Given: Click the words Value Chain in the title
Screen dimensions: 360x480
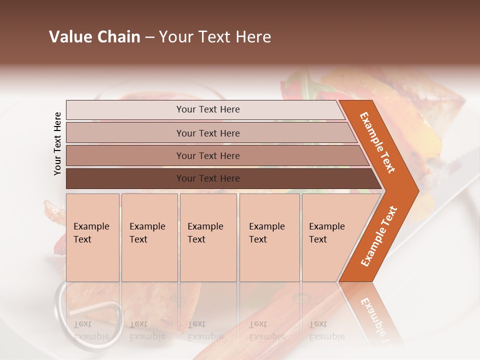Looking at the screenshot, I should (94, 37).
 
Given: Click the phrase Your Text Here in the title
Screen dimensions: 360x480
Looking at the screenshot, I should (215, 37).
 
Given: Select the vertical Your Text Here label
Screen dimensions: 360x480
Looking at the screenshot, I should (57, 143).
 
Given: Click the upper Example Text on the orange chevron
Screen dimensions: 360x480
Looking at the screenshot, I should (377, 142).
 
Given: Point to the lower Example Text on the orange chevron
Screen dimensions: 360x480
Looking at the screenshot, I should (378, 236).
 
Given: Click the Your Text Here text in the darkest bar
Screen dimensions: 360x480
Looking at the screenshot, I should (208, 178).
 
